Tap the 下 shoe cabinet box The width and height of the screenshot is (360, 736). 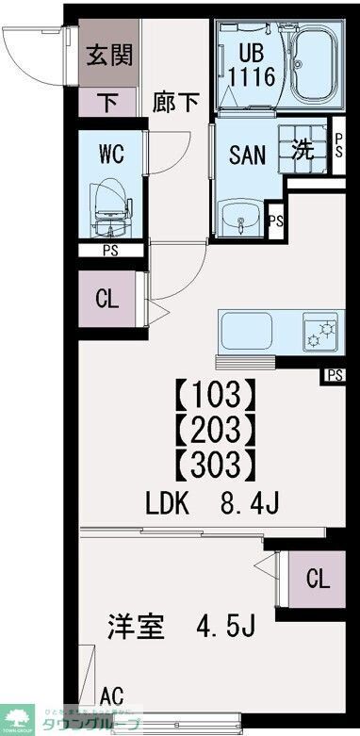click(108, 102)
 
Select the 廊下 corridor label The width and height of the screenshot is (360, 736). click(176, 102)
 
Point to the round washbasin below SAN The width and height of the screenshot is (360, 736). click(241, 222)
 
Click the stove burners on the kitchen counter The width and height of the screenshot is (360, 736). click(322, 333)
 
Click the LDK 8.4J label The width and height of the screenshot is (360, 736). click(212, 505)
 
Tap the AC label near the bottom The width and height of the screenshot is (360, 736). click(111, 695)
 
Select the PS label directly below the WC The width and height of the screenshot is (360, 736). click(111, 250)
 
